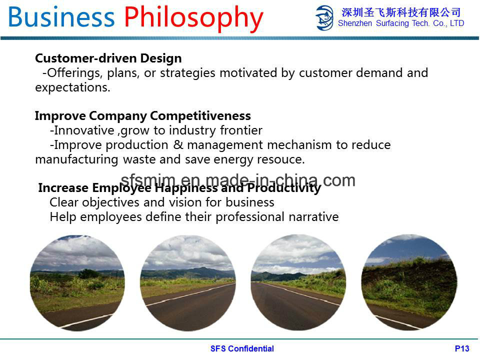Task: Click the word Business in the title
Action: coord(61,17)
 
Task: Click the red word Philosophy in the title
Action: coord(193,18)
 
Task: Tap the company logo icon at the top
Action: coord(324,18)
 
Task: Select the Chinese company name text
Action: coord(401,12)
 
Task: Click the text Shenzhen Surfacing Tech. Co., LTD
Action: coord(401,23)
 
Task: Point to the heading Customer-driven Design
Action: coord(108,58)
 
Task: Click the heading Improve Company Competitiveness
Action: coord(142,115)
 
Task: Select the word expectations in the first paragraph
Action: coord(72,87)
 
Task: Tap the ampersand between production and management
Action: coord(178,144)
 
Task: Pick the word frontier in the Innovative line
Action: coord(241,130)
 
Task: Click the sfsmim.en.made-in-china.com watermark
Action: coord(238,180)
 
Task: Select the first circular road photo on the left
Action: coord(77,283)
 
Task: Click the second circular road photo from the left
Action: coord(188,283)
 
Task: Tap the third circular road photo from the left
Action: coord(298,282)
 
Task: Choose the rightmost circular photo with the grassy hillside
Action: coord(409,282)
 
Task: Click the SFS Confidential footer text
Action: coord(242,348)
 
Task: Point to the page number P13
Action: coord(462,348)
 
